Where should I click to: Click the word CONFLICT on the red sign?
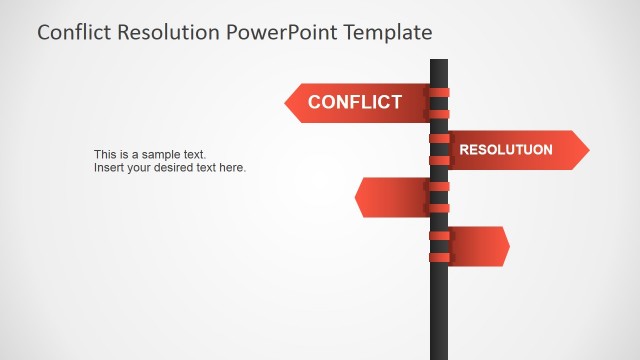coord(354,102)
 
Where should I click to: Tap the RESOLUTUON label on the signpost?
coord(505,150)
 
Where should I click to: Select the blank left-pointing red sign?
coord(395,197)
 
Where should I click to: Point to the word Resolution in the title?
coord(170,32)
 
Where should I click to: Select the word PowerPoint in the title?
coord(283,32)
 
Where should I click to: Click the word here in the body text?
coord(231,168)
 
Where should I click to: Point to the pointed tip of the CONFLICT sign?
coord(287,102)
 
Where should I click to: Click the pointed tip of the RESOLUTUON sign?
coord(587,150)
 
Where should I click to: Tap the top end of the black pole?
coord(439,62)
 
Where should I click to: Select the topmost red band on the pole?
coord(439,91)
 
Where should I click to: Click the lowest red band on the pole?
coord(439,258)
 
